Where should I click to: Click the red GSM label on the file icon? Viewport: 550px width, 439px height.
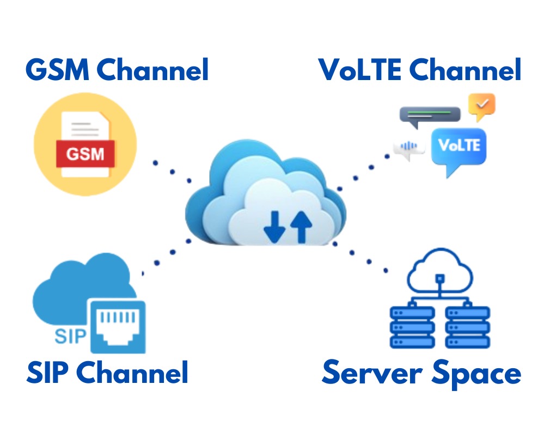[x=85, y=154]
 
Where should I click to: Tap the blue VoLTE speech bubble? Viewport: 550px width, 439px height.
[x=458, y=148]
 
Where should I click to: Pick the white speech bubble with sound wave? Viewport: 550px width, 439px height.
[x=409, y=147]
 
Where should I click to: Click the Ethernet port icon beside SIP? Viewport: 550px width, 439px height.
[x=118, y=326]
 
